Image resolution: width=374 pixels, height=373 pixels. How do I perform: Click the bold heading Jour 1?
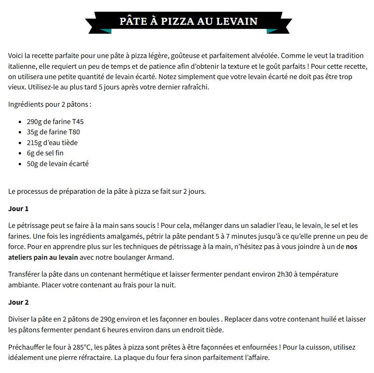coord(19,209)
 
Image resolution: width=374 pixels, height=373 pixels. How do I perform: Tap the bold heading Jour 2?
coord(19,302)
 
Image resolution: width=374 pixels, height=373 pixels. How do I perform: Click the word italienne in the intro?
coord(23,66)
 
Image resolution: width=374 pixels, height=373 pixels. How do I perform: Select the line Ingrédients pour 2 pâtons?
coord(49,104)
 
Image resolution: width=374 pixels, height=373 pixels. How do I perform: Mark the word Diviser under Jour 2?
coord(20,319)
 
